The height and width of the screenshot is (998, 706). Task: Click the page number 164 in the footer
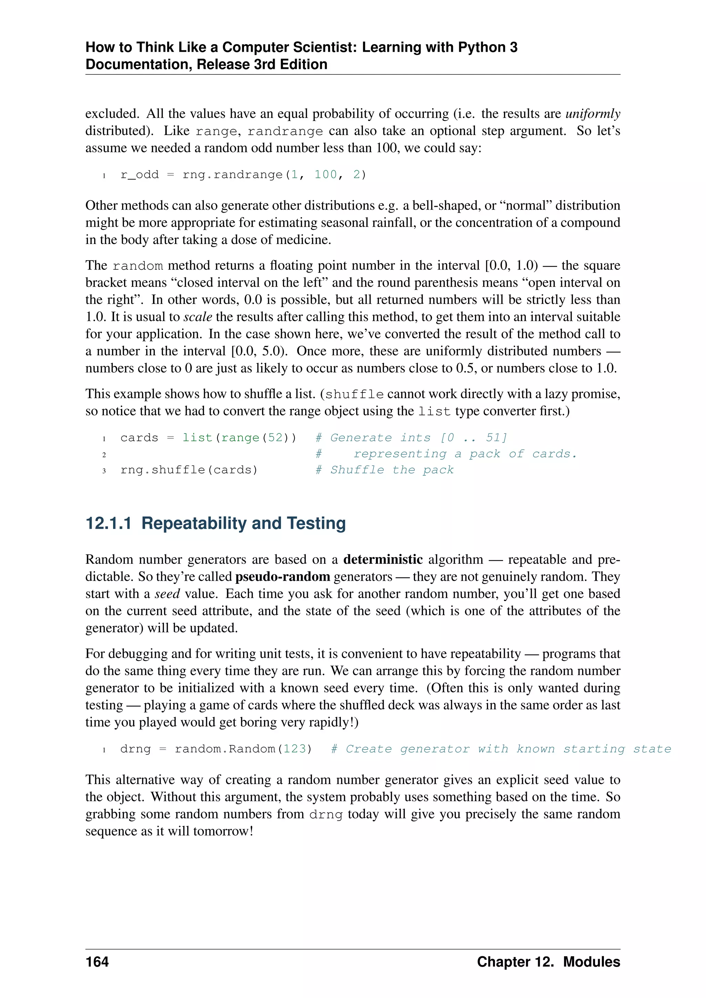tap(97, 962)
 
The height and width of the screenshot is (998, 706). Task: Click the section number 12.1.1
tap(108, 523)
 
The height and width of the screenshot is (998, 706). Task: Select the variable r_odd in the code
tap(140, 175)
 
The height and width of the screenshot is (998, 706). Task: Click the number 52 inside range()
tap(275, 438)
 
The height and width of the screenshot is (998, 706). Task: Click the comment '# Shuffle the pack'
tap(384, 470)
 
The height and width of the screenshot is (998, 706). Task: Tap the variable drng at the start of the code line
tap(135, 749)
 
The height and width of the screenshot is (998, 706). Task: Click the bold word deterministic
tap(383, 559)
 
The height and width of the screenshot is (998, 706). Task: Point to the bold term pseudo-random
tap(283, 577)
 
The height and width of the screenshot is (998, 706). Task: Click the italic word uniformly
tap(593, 114)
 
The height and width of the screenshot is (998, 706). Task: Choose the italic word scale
tap(198, 317)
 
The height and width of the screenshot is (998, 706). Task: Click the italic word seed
tap(168, 594)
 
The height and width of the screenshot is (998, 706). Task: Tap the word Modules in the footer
tap(591, 962)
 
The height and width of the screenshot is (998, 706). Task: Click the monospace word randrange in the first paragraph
tap(285, 131)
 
